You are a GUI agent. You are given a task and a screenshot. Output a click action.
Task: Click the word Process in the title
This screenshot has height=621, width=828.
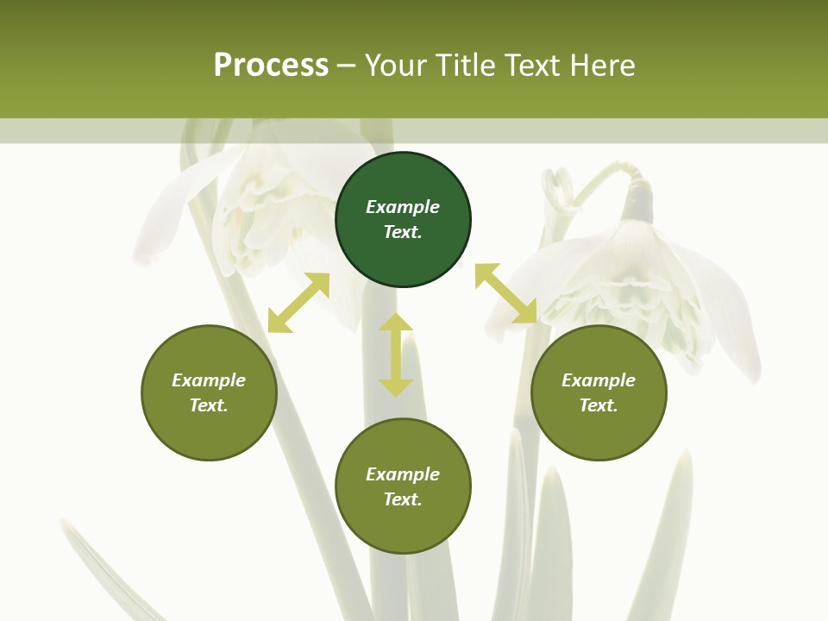pos(271,66)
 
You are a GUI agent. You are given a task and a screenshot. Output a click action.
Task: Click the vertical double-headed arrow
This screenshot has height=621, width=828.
pos(396,354)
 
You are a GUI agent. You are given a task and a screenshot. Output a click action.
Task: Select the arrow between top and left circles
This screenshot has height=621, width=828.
pos(298,303)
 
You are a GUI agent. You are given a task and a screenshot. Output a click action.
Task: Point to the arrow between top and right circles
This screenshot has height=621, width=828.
pos(506,294)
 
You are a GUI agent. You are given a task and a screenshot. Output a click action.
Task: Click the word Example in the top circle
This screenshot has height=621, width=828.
pos(403,207)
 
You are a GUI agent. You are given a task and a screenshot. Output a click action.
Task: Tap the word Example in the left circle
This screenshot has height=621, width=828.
pos(209,380)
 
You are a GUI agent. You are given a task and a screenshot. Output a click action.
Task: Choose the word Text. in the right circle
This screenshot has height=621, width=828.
pos(599,405)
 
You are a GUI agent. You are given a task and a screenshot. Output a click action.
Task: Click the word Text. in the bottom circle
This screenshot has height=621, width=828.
pos(403,499)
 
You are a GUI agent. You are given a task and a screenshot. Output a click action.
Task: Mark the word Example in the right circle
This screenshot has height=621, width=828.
pos(599,380)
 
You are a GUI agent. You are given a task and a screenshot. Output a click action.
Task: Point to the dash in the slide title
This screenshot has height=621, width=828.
pos(347,66)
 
